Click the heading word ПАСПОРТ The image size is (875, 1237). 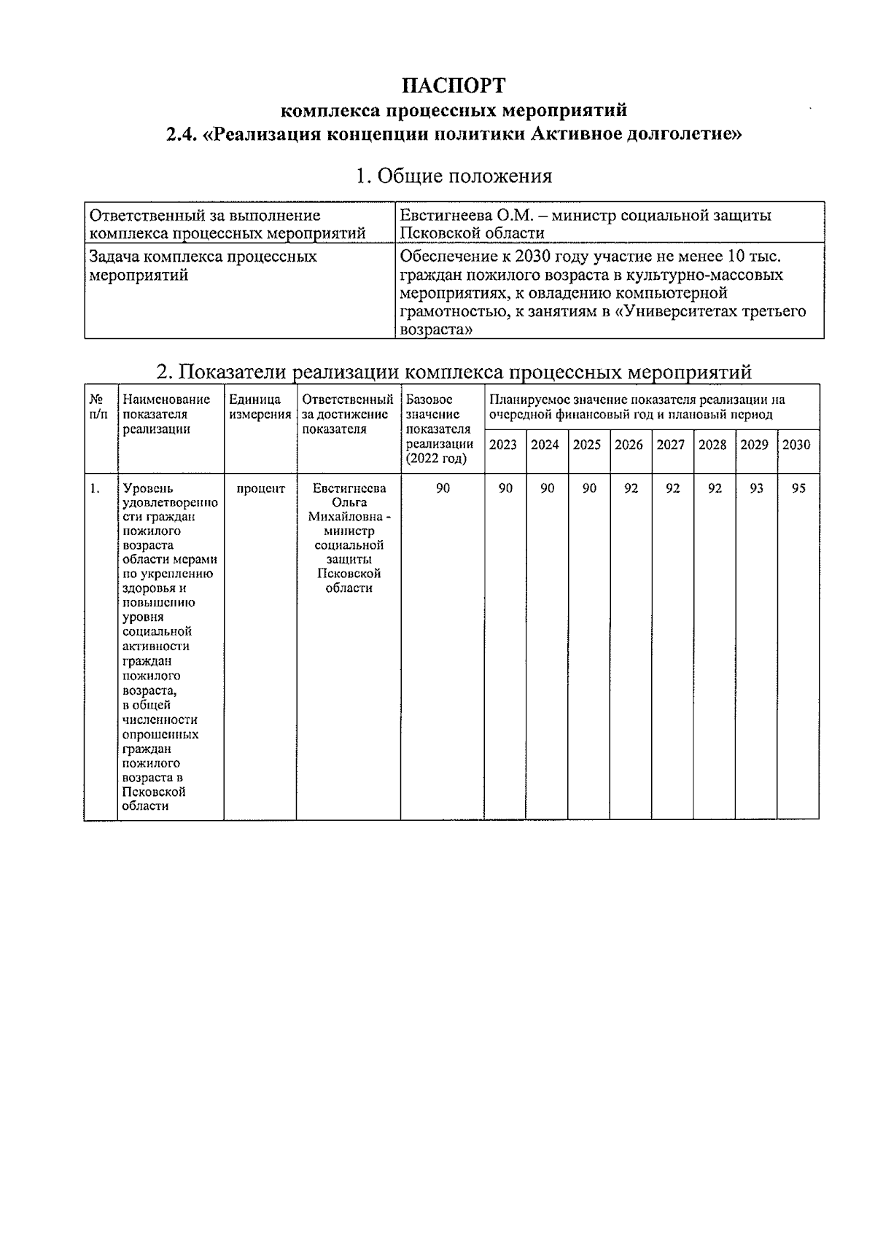[x=453, y=85]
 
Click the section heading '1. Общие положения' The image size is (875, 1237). [x=453, y=176]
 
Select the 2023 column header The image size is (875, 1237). [x=502, y=445]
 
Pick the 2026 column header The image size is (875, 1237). [x=629, y=445]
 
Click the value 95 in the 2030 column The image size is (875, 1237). [x=798, y=488]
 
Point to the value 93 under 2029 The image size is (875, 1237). [x=756, y=488]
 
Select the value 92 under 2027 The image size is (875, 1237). [x=672, y=488]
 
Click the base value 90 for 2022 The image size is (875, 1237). [x=443, y=488]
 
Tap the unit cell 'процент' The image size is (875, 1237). [x=260, y=488]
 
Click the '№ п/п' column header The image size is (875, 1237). [x=98, y=407]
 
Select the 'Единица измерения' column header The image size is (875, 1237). [x=259, y=407]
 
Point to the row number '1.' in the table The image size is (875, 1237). [x=95, y=488]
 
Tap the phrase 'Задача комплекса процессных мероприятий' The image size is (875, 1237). [x=203, y=265]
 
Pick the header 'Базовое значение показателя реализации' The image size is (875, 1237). [x=440, y=429]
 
